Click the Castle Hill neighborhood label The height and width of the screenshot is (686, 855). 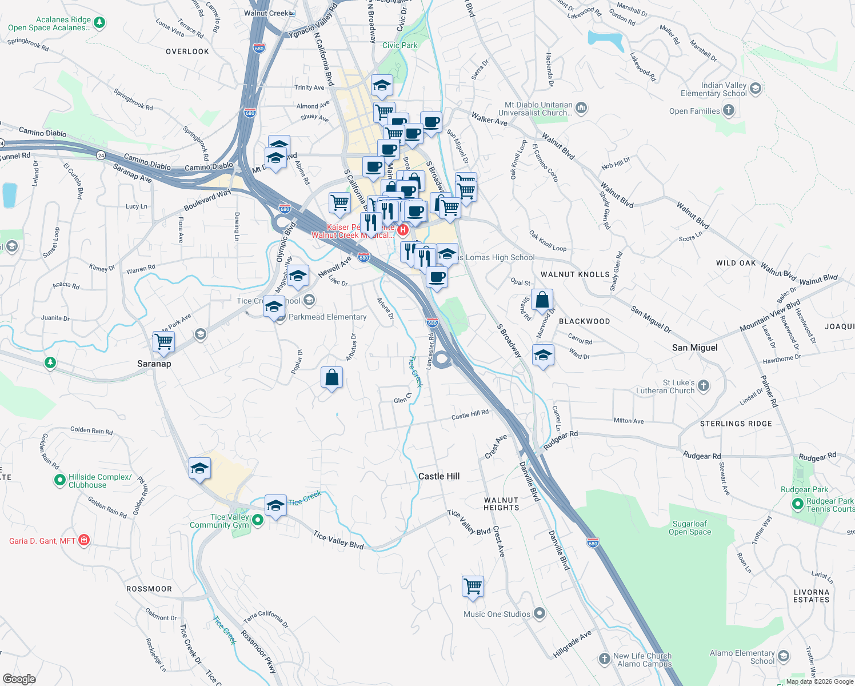point(438,476)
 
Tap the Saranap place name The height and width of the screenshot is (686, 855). point(154,364)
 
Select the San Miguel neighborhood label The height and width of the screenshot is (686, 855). point(694,348)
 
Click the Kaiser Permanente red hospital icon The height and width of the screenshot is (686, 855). point(402,230)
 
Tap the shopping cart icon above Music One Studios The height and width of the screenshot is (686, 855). point(473,586)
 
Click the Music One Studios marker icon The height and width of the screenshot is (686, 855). point(540,614)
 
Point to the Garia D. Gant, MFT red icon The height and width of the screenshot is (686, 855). point(84,540)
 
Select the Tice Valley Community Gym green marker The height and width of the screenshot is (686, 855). point(258,520)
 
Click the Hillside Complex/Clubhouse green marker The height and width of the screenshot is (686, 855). point(60,480)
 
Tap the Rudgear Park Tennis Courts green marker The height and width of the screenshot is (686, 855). point(798,504)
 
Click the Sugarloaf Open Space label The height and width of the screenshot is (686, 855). point(690,528)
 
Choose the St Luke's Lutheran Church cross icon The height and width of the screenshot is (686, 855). point(704,386)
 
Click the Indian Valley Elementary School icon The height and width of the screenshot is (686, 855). point(756,89)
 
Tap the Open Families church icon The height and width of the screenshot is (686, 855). point(728,110)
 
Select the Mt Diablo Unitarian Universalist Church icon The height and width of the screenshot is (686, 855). point(581,108)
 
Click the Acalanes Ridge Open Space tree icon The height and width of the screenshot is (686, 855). point(99,23)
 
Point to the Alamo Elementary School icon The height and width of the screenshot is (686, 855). point(784,656)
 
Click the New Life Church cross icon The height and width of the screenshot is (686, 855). point(604,659)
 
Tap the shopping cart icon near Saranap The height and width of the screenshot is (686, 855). point(163,342)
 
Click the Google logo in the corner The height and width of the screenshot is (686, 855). point(19,679)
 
